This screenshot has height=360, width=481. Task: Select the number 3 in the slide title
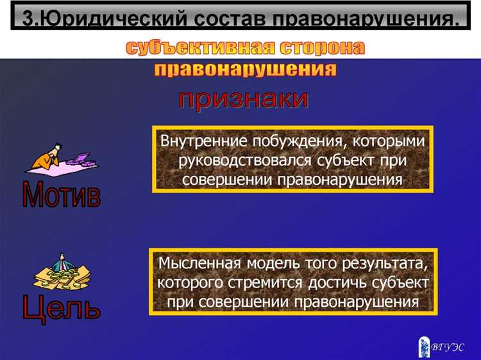tap(28, 17)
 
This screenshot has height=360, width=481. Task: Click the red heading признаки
tap(243, 99)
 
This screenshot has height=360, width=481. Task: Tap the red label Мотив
tap(62, 194)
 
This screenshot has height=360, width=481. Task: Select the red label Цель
tap(62, 306)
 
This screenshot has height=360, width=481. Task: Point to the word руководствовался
tap(235, 159)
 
